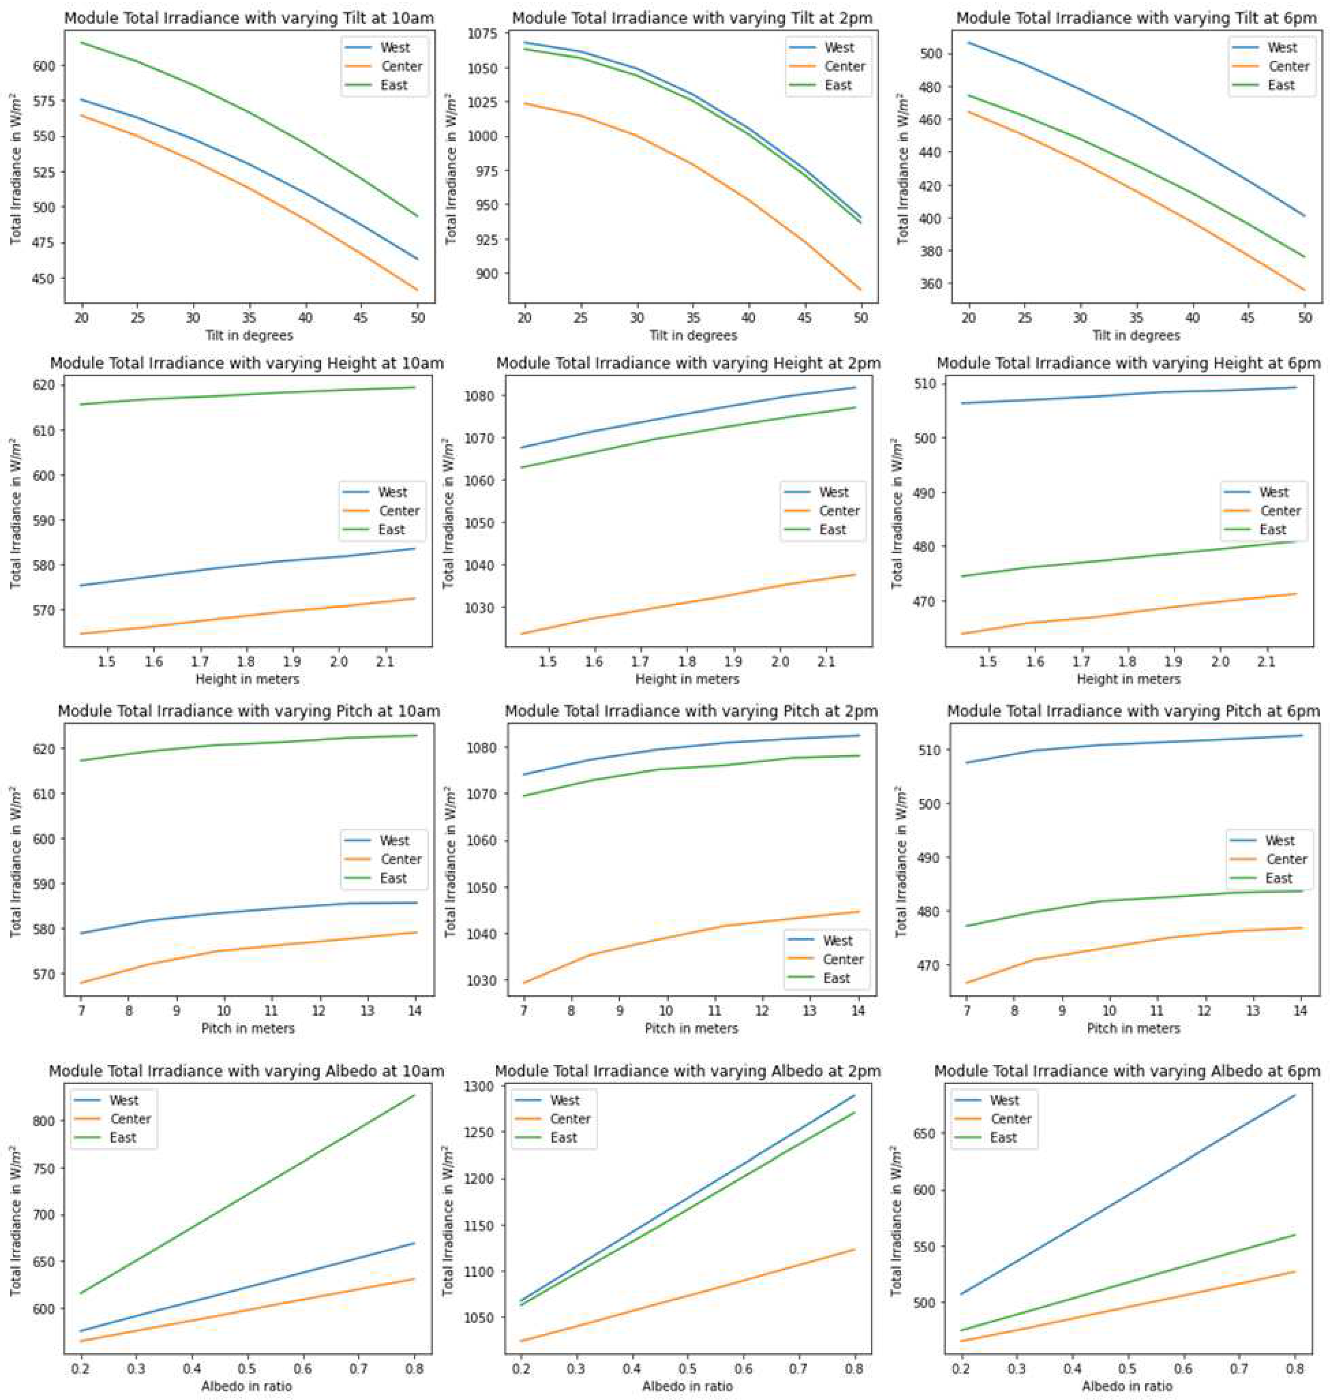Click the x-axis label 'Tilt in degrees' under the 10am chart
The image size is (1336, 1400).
pos(249,335)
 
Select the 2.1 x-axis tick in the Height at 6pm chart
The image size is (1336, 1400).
pos(1267,662)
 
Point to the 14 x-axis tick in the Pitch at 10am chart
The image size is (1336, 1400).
pos(415,1010)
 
